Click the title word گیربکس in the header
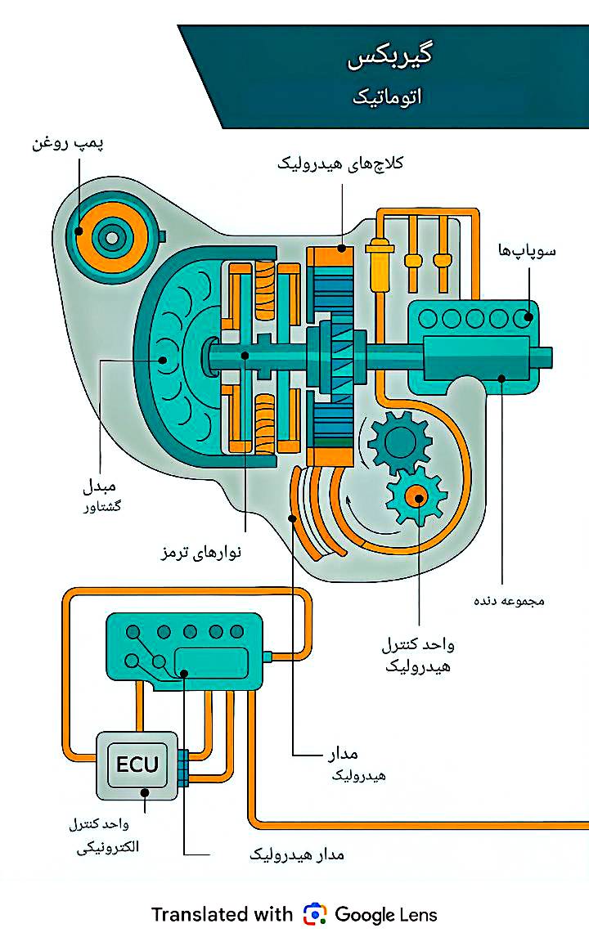point(389,56)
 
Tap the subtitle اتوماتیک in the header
point(387,97)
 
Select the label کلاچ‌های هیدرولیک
point(340,163)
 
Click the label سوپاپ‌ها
point(527,251)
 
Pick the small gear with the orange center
point(416,495)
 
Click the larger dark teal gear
point(399,442)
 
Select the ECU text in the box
point(137,765)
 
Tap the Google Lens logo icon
point(314,914)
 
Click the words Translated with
point(222,914)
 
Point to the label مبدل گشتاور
point(101,495)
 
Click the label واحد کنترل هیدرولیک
point(417,655)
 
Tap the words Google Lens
point(386,914)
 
